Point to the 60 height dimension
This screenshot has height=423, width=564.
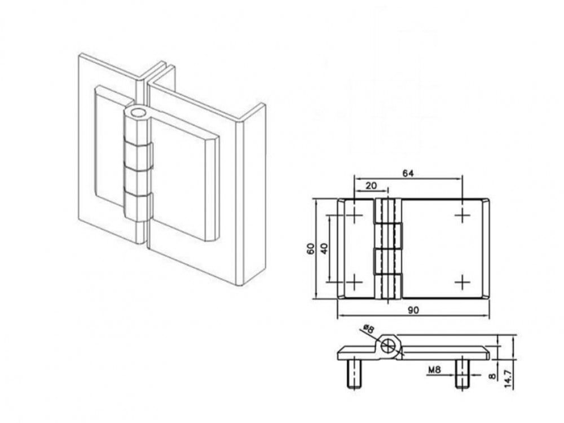(x=310, y=248)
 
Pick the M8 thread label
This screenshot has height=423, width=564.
(x=434, y=370)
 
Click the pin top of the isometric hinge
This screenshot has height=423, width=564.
(x=138, y=112)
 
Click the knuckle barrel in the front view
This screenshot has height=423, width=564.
(x=387, y=248)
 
